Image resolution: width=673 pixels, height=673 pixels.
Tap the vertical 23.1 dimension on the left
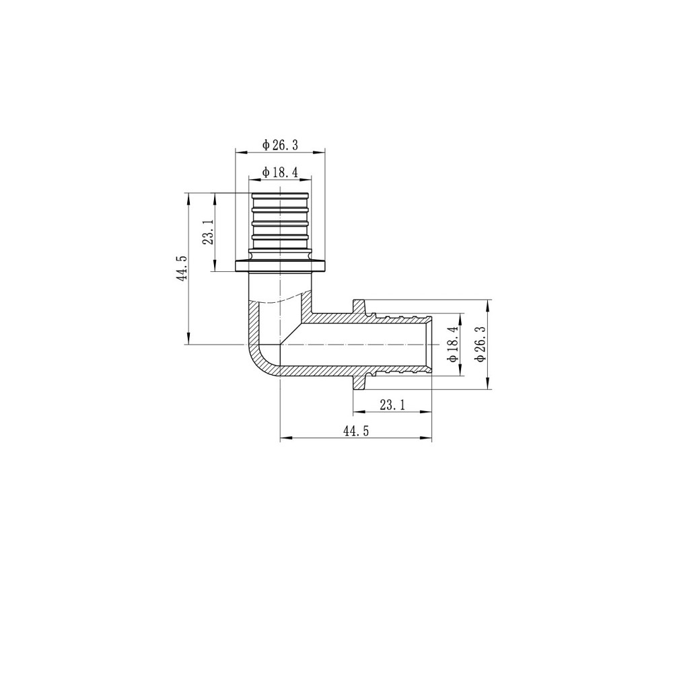208,232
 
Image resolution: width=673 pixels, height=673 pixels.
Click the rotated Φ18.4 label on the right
453,344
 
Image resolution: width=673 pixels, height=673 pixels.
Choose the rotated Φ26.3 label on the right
481,344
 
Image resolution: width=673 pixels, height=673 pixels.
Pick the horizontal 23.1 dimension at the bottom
392,406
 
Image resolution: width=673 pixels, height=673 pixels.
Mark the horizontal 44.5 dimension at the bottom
356,432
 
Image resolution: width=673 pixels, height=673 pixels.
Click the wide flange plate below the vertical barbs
280,266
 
